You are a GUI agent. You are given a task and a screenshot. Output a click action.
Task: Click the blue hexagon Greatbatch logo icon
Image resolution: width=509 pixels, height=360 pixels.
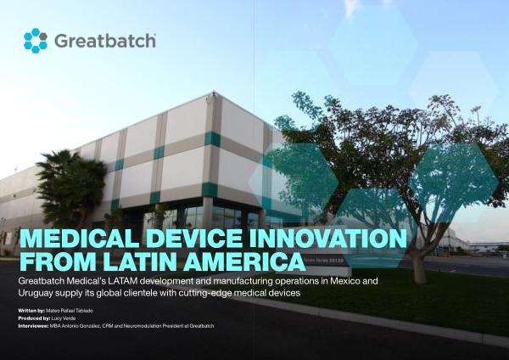tap(36, 41)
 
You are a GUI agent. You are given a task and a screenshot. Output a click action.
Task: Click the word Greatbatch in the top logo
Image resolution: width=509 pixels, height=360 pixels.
tap(105, 41)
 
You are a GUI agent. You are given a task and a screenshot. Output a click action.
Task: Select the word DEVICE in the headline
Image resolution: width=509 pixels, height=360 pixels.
tap(194, 239)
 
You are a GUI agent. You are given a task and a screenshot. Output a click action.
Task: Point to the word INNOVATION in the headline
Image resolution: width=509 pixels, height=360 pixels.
tap(327, 239)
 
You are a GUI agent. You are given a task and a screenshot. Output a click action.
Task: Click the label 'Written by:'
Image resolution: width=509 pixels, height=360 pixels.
tap(31, 311)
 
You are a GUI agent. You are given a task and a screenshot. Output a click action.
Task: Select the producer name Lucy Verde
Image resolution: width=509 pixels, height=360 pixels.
tap(64, 318)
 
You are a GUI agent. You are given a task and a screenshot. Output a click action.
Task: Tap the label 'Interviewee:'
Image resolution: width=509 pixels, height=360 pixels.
tap(33, 326)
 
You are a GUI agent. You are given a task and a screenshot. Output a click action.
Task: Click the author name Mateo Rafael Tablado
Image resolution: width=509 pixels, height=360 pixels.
tap(70, 311)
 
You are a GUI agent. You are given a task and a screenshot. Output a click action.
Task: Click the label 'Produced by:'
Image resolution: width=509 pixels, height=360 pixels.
tap(34, 318)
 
